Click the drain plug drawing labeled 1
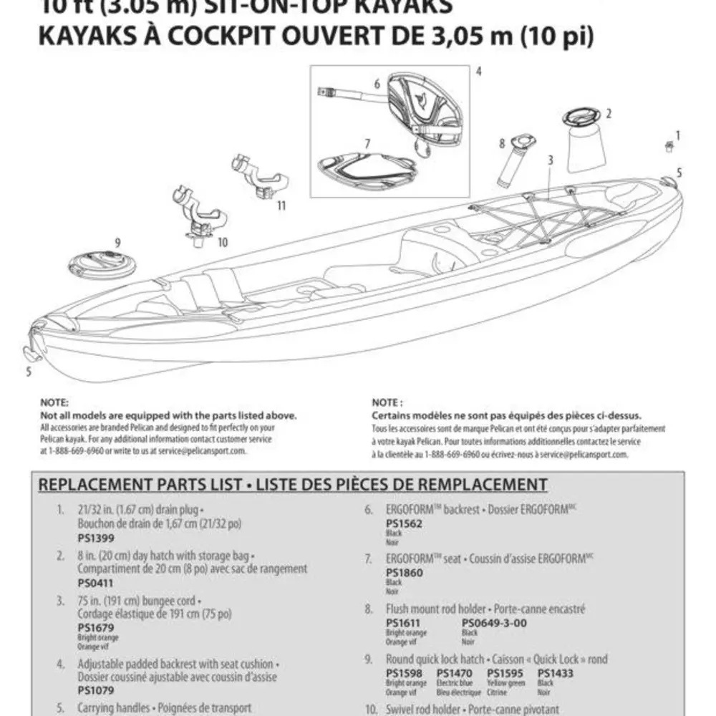coord(669,147)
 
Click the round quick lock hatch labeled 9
coord(102,264)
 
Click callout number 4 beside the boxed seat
coord(478,72)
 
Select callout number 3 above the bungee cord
coord(550,160)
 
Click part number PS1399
coord(95,538)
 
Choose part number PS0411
coord(95,583)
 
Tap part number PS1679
coord(95,627)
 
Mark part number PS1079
coord(95,692)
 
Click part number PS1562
coord(404,524)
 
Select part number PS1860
coord(404,573)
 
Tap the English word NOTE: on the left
coord(54,404)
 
